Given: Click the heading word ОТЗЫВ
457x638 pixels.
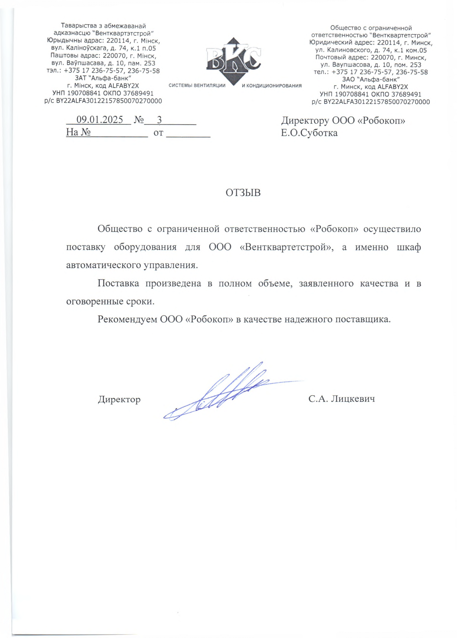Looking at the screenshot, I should click(243, 193).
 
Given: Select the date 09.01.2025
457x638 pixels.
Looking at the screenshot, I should click(100, 120).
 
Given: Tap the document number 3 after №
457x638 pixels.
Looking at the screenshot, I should click(159, 120).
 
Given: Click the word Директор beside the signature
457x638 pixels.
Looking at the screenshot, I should click(119, 400).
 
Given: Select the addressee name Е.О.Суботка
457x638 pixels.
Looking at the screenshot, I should click(309, 133).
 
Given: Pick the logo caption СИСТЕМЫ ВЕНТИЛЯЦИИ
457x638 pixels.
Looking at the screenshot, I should click(197, 86).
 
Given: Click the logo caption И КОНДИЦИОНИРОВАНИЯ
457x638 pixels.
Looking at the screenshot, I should click(272, 86).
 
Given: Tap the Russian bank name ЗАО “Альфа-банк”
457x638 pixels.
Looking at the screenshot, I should click(371, 79).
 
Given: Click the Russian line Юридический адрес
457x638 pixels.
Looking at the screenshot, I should click(371, 43).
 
